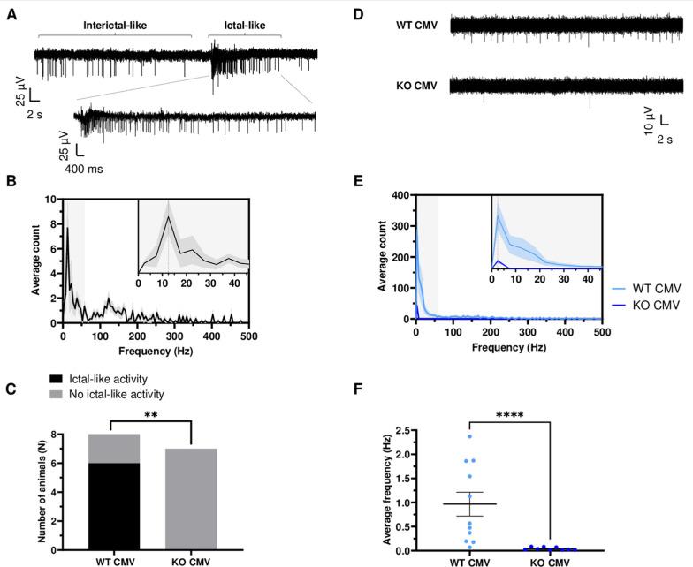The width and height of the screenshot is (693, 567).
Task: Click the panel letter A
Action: tap(11, 15)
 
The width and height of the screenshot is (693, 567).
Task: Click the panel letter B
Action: tap(11, 181)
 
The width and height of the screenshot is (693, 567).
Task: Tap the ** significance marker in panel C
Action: tap(155, 412)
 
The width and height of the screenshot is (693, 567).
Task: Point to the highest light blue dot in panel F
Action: tap(469, 436)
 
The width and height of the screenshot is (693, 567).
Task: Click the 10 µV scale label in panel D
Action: tap(648, 122)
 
